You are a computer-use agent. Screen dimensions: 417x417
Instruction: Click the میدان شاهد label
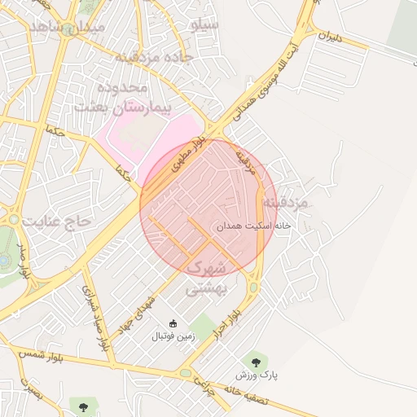[68, 27]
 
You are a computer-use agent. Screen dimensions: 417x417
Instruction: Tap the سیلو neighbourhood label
[204, 24]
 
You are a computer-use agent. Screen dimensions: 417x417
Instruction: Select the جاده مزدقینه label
[152, 56]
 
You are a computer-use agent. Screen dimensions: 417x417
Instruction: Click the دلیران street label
[331, 37]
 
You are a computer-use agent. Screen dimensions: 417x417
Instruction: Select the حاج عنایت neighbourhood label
[59, 221]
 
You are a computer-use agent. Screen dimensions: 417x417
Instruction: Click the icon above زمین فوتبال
[171, 323]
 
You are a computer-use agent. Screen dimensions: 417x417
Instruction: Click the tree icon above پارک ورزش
[257, 358]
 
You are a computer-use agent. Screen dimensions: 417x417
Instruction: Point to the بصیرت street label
[30, 389]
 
